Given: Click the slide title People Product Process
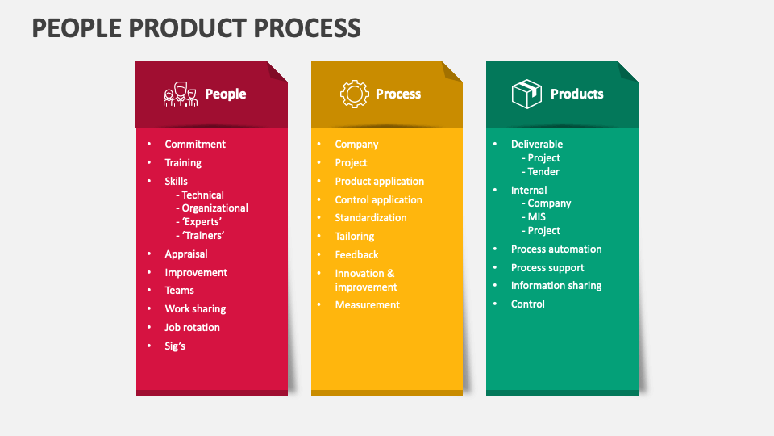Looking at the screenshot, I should pos(196,27).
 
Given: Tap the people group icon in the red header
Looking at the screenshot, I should pos(181,94).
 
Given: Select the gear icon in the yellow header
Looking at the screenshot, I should pos(354,94).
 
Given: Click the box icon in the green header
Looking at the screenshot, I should pos(526,94).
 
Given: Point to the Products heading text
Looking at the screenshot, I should pos(576,94).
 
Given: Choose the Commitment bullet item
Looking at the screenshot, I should pos(195,144).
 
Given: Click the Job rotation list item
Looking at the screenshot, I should pos(192,327).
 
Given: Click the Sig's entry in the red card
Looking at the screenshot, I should pos(175,346).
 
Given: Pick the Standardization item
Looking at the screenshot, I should pos(371,217).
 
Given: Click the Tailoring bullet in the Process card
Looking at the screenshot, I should pos(355,236).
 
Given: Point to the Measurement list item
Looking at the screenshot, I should pos(367,304).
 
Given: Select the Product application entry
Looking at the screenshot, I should pos(379,181).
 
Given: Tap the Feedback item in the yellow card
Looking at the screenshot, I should pos(356,254).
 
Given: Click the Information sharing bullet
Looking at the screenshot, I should pos(556,285).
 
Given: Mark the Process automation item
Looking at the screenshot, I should pos(556,249).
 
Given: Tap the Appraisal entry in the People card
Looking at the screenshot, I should pos(186,254).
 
